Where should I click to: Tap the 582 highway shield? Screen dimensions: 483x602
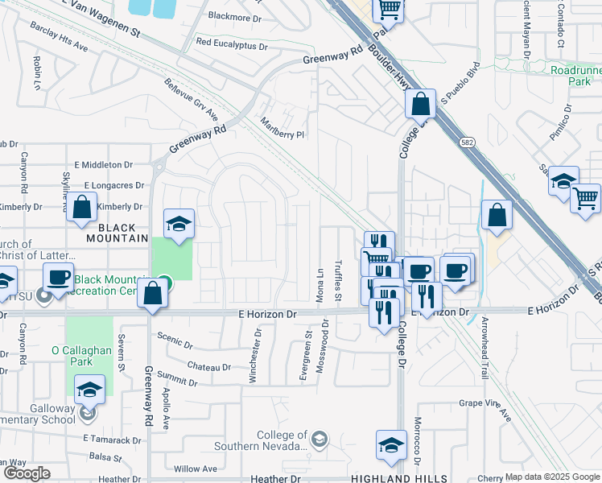[468, 142]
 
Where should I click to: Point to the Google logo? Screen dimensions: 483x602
[26, 473]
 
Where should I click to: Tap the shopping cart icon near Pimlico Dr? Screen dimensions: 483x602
[585, 198]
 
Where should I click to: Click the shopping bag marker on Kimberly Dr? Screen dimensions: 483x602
[81, 208]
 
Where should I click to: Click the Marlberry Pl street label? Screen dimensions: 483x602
[282, 130]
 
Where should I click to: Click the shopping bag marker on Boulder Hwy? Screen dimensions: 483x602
[420, 104]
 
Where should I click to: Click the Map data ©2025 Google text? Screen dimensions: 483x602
[552, 477]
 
